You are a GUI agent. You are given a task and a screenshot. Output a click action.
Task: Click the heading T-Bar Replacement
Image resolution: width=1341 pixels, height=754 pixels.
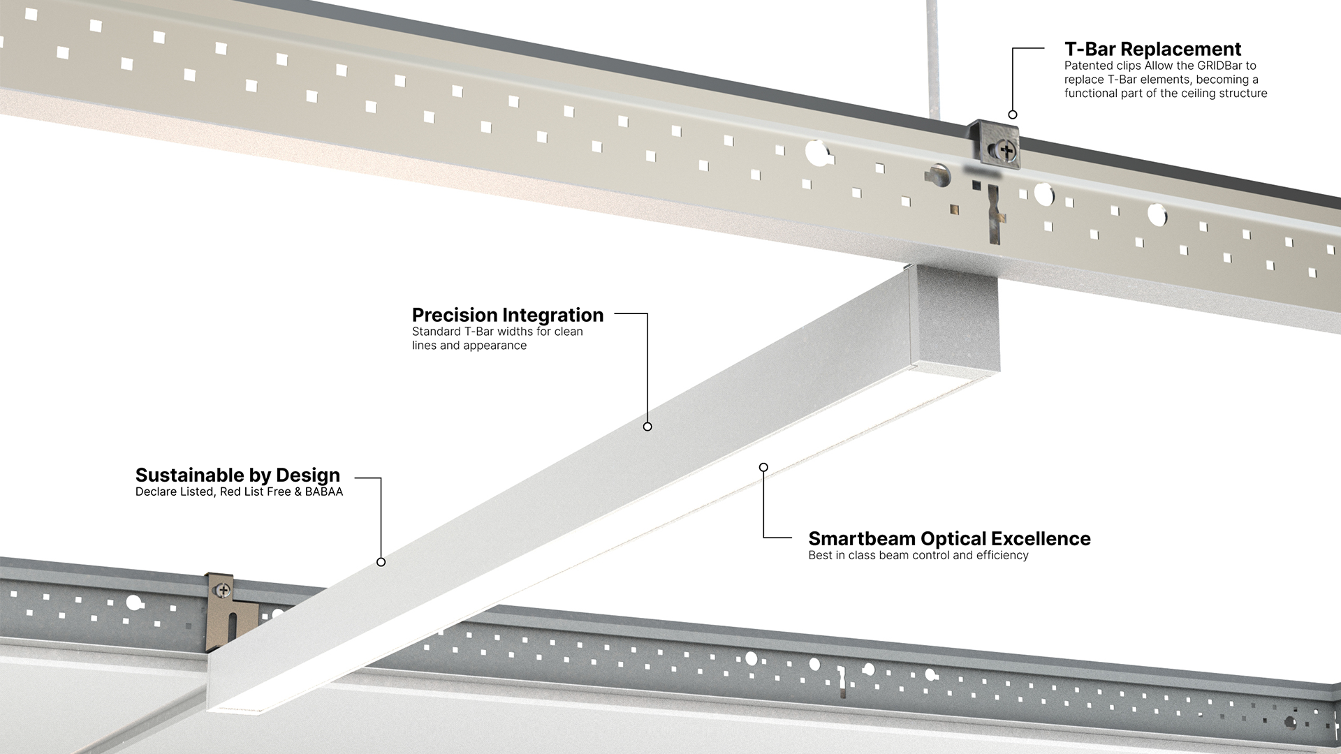point(1152,49)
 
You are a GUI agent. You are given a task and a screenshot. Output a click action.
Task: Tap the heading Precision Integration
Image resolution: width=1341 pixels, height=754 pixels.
point(508,315)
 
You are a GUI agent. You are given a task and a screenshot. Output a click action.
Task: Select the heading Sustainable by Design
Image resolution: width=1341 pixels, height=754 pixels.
point(237,475)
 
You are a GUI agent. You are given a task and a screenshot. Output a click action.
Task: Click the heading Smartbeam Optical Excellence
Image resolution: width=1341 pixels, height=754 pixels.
point(949,538)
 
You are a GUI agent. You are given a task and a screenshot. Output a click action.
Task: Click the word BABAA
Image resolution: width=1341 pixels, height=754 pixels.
point(324,491)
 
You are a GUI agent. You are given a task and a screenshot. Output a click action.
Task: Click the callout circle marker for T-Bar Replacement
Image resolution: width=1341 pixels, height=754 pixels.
point(1013,114)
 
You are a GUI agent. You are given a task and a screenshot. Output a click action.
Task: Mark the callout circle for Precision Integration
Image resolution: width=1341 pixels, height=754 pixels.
point(647,427)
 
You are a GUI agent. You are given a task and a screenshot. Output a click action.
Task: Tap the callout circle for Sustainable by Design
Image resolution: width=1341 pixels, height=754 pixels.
point(381,562)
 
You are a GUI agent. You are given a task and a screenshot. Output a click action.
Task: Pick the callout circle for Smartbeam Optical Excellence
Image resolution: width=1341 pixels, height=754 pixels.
point(763,467)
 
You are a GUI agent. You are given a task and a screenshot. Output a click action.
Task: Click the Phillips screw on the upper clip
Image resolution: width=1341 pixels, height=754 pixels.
point(1006,149)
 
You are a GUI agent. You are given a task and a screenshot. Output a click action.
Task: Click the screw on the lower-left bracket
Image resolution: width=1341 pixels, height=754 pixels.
point(223,591)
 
